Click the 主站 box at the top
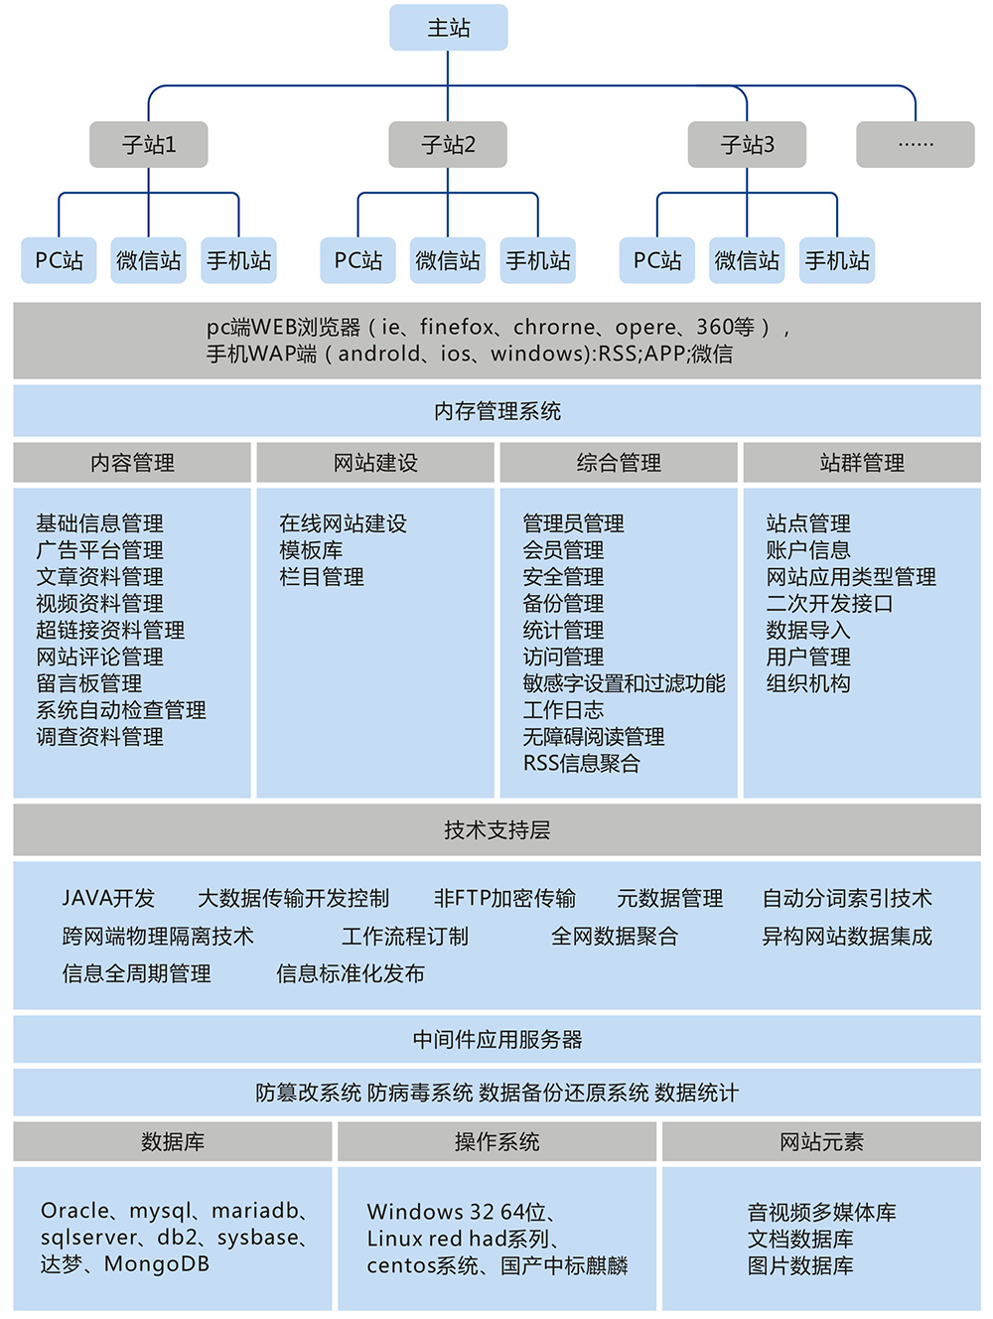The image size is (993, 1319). (448, 28)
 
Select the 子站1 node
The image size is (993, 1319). (149, 145)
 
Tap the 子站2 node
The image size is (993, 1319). (448, 145)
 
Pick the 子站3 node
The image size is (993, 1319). (747, 145)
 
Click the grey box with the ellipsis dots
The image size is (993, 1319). (915, 145)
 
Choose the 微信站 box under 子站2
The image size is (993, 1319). (448, 260)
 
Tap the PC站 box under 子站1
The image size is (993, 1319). (60, 260)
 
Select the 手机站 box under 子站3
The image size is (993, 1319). (837, 260)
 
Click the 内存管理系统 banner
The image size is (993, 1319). (496, 411)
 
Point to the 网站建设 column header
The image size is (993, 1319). (375, 463)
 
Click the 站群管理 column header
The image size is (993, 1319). (862, 463)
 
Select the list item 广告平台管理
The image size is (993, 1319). (99, 550)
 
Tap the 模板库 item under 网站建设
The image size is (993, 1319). (311, 550)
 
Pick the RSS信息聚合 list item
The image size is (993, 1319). (581, 764)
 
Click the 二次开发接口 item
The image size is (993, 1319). (829, 604)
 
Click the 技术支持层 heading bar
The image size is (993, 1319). (496, 830)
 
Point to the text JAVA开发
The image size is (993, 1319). (108, 899)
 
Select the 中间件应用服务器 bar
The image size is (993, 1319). (496, 1040)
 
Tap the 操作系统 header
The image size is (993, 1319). (496, 1142)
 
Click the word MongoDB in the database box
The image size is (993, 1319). (157, 1264)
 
